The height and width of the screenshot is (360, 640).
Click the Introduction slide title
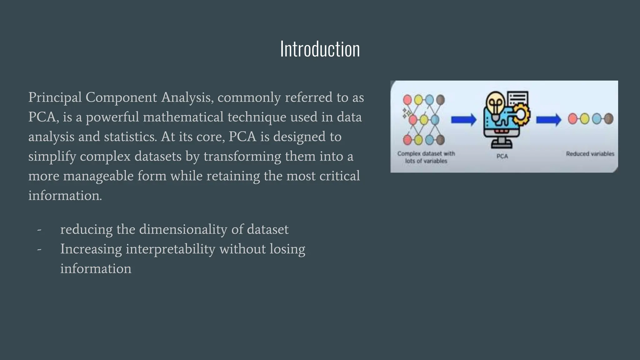pos(320,49)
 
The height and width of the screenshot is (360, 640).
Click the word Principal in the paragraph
pos(55,97)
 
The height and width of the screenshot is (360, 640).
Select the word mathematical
pos(183,117)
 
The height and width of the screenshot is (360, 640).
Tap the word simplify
pos(52,157)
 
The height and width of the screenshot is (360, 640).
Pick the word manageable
pos(114,176)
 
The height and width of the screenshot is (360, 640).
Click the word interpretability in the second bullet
pos(170,249)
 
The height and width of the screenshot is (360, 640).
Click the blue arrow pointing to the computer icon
pos(463,120)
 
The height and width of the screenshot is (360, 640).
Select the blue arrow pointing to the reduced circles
pos(548,120)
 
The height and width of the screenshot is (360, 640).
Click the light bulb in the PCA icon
pos(495,103)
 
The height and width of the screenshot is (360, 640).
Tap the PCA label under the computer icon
pos(502,156)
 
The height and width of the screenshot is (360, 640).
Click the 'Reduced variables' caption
pos(590,154)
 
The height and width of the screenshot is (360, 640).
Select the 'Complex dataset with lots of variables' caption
pos(426,157)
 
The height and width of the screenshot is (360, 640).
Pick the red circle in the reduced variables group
pos(572,119)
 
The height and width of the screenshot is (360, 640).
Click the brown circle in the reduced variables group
pos(608,119)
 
